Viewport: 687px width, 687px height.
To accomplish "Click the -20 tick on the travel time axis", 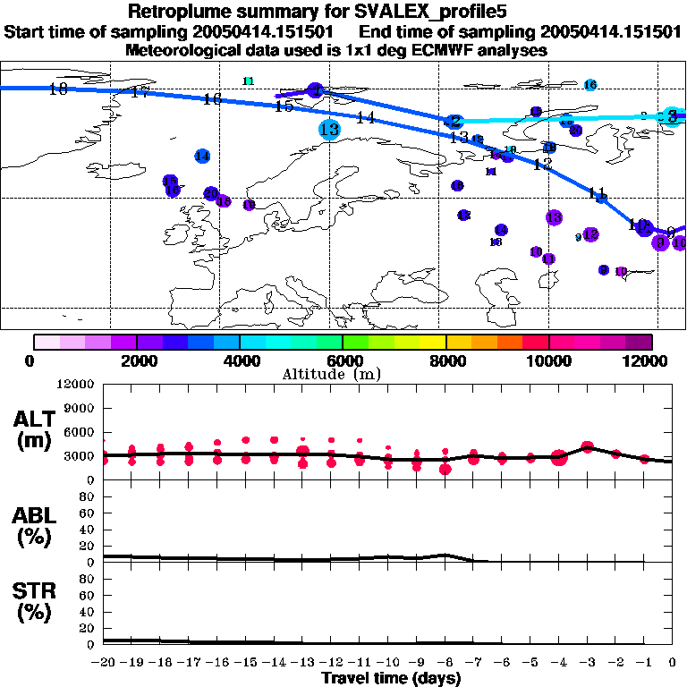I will [105, 662].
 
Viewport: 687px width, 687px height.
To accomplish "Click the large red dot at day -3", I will [588, 446].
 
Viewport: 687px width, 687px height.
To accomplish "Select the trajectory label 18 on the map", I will [58, 89].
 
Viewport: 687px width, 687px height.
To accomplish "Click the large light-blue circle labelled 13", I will [329, 129].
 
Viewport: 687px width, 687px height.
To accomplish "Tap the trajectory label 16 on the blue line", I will [212, 99].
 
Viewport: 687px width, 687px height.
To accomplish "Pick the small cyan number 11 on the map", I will [249, 81].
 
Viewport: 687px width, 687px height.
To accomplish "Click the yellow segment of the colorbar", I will [433, 342].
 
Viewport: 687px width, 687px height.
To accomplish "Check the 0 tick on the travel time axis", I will [672, 662].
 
